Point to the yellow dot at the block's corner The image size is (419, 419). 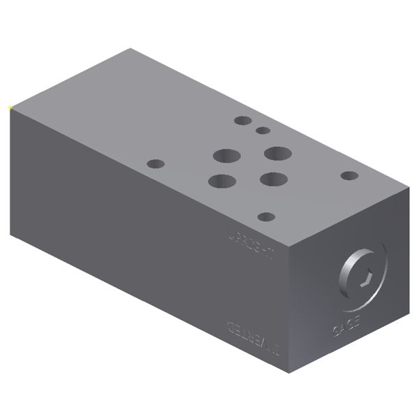pyautogui.click(x=8, y=107)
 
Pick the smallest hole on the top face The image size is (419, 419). pyautogui.click(x=263, y=130)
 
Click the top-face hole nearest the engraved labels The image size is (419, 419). pyautogui.click(x=265, y=217)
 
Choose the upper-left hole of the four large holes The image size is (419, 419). pyautogui.click(x=227, y=156)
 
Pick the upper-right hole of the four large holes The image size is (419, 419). pyautogui.click(x=277, y=152)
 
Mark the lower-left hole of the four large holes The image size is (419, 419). pyautogui.click(x=221, y=181)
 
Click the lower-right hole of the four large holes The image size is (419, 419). pyautogui.click(x=272, y=179)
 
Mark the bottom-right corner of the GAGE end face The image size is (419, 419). pyautogui.click(x=407, y=309)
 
